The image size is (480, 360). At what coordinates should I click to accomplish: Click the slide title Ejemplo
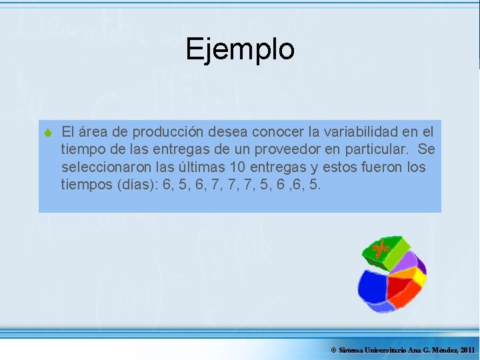240,49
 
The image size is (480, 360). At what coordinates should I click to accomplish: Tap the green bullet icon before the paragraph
48,132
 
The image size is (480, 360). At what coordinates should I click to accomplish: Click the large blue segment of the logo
373,288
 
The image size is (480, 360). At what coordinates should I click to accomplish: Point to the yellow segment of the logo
419,275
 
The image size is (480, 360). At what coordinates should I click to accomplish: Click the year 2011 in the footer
465,350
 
